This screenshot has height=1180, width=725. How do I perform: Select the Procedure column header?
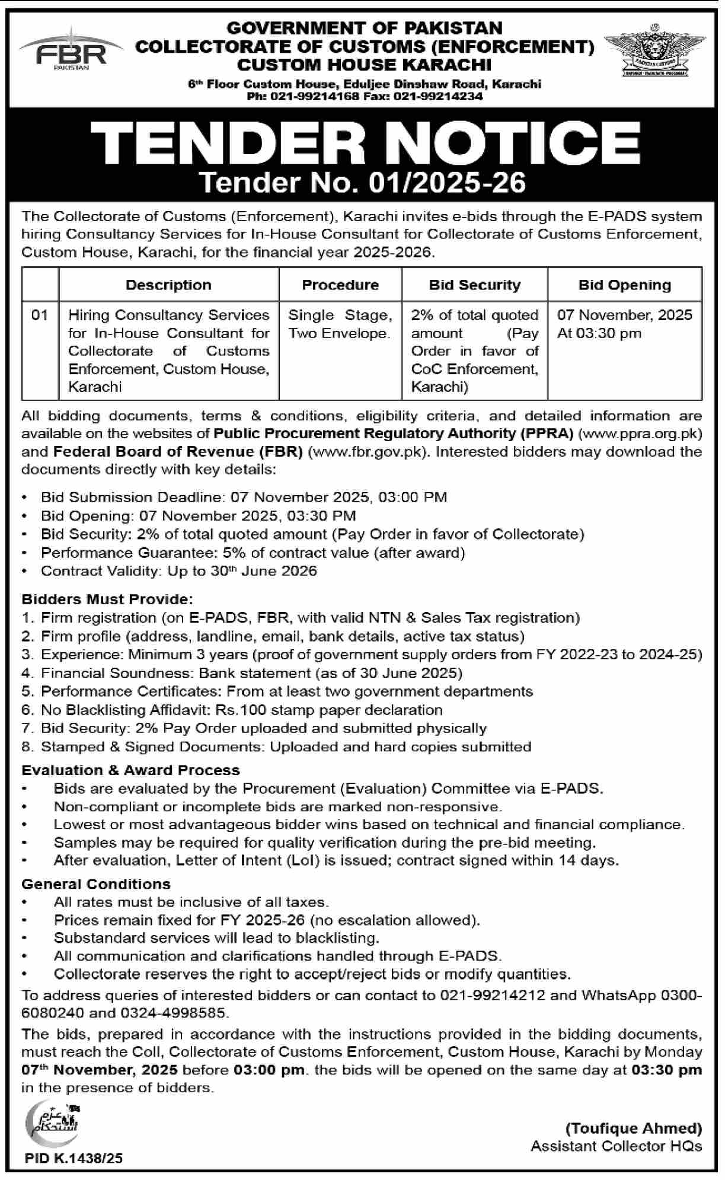(340, 285)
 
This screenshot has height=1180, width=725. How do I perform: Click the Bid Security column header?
(474, 285)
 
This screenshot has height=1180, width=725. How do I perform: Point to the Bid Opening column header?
(624, 285)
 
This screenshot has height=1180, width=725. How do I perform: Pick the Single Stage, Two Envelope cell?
(340, 324)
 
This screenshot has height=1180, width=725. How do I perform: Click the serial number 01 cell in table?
(40, 315)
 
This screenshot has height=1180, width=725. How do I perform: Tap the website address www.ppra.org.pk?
(639, 433)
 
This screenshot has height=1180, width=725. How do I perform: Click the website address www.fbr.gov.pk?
(368, 452)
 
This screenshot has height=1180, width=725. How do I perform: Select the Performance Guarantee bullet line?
(253, 553)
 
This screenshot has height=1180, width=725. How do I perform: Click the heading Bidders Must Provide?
(107, 599)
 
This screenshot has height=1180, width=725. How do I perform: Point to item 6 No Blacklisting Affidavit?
(241, 710)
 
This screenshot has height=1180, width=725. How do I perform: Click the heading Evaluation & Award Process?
(130, 770)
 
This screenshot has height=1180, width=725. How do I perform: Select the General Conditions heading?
(96, 884)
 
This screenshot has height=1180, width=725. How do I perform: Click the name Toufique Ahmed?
(633, 1128)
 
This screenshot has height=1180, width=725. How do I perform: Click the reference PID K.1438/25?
(74, 1158)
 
